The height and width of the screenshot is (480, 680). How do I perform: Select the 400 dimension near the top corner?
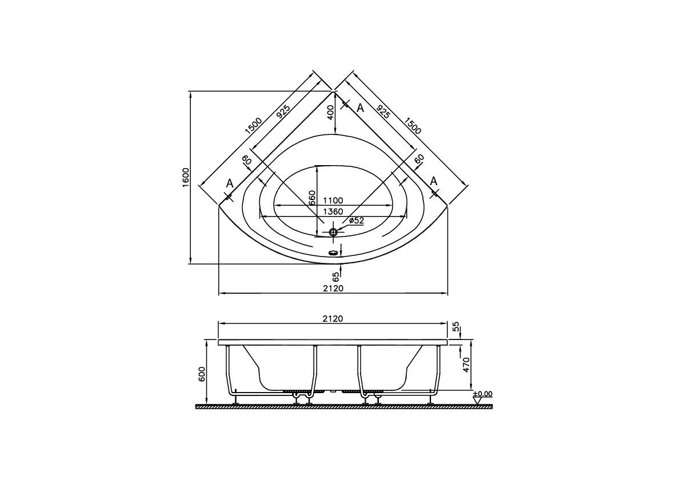click(x=330, y=113)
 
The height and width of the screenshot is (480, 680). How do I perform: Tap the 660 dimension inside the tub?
click(x=312, y=198)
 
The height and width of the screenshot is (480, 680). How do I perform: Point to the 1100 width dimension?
click(x=333, y=201)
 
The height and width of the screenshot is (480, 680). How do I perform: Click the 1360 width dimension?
click(x=333, y=211)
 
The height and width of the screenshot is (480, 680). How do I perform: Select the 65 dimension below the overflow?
click(x=336, y=277)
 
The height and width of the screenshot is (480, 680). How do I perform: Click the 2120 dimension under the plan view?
click(x=333, y=288)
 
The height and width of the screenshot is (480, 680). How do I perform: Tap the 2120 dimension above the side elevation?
click(x=333, y=319)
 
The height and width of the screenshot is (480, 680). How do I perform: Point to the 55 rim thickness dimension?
click(x=455, y=327)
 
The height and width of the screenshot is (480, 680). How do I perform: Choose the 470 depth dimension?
click(x=466, y=364)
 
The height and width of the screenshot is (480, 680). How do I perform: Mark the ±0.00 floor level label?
click(x=483, y=394)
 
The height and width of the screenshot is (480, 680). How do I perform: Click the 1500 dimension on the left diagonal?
click(x=254, y=126)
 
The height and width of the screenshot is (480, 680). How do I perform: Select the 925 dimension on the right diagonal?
click(x=383, y=111)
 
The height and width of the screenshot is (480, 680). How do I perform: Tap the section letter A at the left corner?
click(x=230, y=183)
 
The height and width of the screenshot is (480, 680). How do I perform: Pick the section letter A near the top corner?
click(x=360, y=107)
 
